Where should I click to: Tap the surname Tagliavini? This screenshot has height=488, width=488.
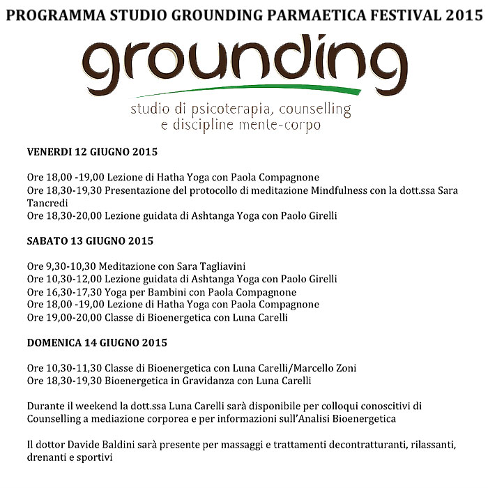pyautogui.click(x=215, y=266)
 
